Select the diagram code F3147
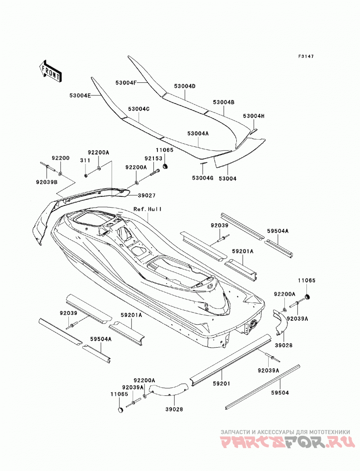tap(306, 56)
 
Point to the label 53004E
tap(80, 95)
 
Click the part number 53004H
tap(254, 116)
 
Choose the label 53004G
tap(202, 178)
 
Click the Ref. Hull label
tap(148, 209)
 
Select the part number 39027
tap(147, 195)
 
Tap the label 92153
tap(153, 159)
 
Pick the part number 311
tap(85, 160)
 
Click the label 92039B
tap(46, 181)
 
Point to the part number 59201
tap(221, 384)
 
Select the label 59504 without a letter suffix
tap(280, 393)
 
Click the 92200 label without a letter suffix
tap(60, 158)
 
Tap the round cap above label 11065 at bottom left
tap(120, 410)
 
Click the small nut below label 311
tap(86, 175)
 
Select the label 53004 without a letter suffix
tap(227, 179)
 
